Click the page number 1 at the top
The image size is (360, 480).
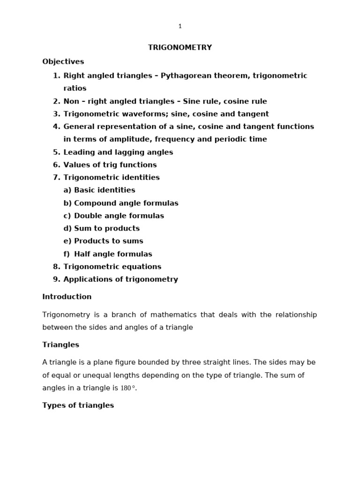(180, 26)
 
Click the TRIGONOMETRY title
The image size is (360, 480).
(180, 47)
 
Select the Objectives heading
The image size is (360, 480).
(63, 61)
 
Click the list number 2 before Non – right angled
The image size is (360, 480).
(56, 101)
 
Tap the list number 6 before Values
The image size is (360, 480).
(56, 165)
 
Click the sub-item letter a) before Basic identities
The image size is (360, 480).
(67, 190)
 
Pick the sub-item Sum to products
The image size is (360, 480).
(107, 229)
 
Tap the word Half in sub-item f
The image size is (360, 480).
(82, 254)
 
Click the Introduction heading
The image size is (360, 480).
(67, 297)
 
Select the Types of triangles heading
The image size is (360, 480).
(78, 405)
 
